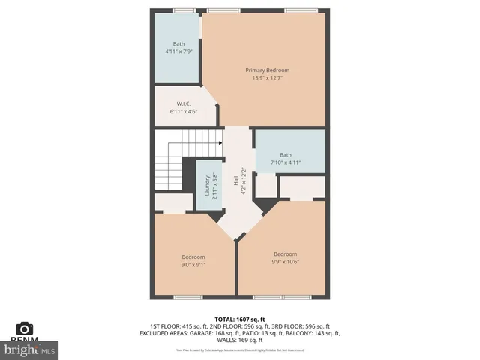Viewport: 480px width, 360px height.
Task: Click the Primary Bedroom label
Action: coord(267,70)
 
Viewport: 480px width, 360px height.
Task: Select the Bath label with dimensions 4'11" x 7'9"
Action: coord(178,44)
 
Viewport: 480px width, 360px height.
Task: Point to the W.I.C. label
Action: coord(183,103)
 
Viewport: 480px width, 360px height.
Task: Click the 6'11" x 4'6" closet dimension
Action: coord(183,112)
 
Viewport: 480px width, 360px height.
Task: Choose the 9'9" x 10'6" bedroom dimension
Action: coord(285,262)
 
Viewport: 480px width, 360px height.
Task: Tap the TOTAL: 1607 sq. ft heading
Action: coord(240,319)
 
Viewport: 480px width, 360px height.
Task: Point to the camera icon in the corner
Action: coord(25,328)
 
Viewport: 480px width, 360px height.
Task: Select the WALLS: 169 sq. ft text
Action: coord(240,340)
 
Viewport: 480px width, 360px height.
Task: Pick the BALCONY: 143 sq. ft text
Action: coord(310,333)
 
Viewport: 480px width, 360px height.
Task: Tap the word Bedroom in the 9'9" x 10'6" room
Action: coord(285,253)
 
